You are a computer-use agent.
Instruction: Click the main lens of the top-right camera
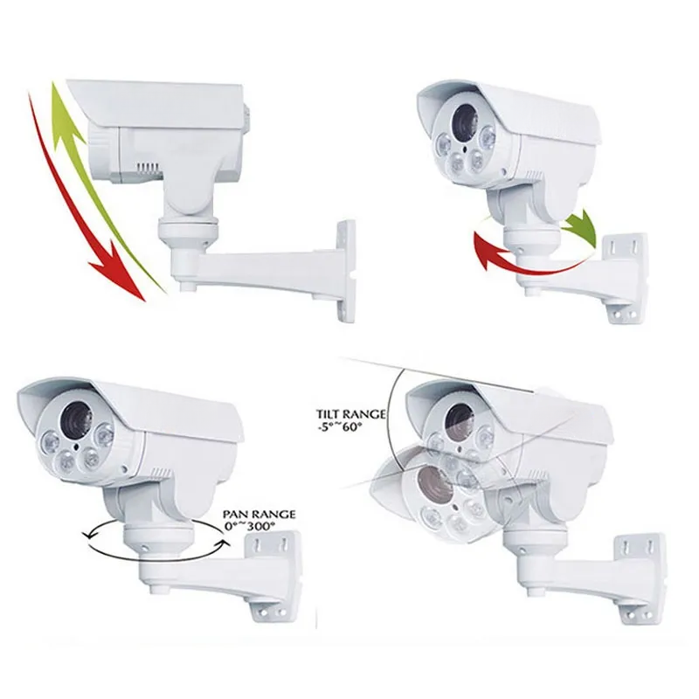pyautogui.click(x=465, y=120)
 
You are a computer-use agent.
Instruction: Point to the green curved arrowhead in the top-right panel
pyautogui.click(x=582, y=228)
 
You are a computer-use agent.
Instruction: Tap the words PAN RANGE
pyautogui.click(x=259, y=515)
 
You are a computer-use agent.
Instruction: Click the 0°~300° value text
pyautogui.click(x=249, y=527)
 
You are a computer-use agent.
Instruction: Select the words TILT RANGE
pyautogui.click(x=351, y=414)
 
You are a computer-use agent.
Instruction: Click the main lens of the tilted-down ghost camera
pyautogui.click(x=434, y=484)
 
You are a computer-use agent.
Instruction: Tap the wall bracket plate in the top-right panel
pyautogui.click(x=624, y=277)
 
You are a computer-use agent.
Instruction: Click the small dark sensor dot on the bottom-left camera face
pyautogui.click(x=77, y=446)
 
